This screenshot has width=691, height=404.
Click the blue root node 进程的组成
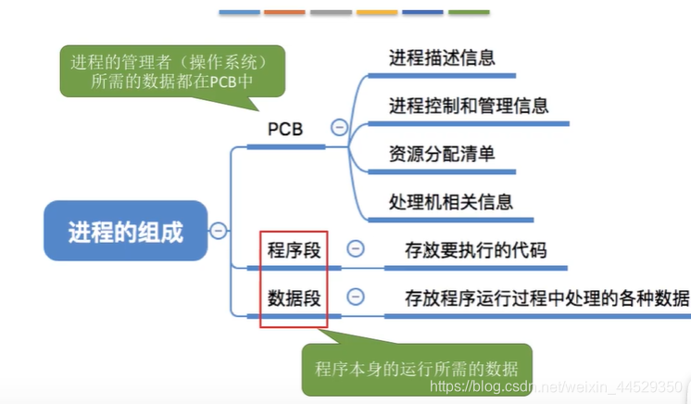coord(126,231)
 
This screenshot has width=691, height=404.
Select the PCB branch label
coord(285,129)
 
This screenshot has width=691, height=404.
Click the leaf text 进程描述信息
coord(442,57)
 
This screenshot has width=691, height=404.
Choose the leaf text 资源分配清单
coord(442,153)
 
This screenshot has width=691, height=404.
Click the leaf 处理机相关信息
coord(451,201)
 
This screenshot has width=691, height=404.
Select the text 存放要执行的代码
coord(475,249)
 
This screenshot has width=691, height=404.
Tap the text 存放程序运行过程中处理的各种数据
coord(547,297)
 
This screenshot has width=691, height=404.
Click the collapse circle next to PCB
coord(339,129)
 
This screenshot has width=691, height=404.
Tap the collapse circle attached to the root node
coord(218,231)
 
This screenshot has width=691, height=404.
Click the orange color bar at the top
coord(284,12)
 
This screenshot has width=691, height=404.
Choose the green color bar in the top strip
coord(469,12)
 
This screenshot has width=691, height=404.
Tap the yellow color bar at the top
coord(376,12)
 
